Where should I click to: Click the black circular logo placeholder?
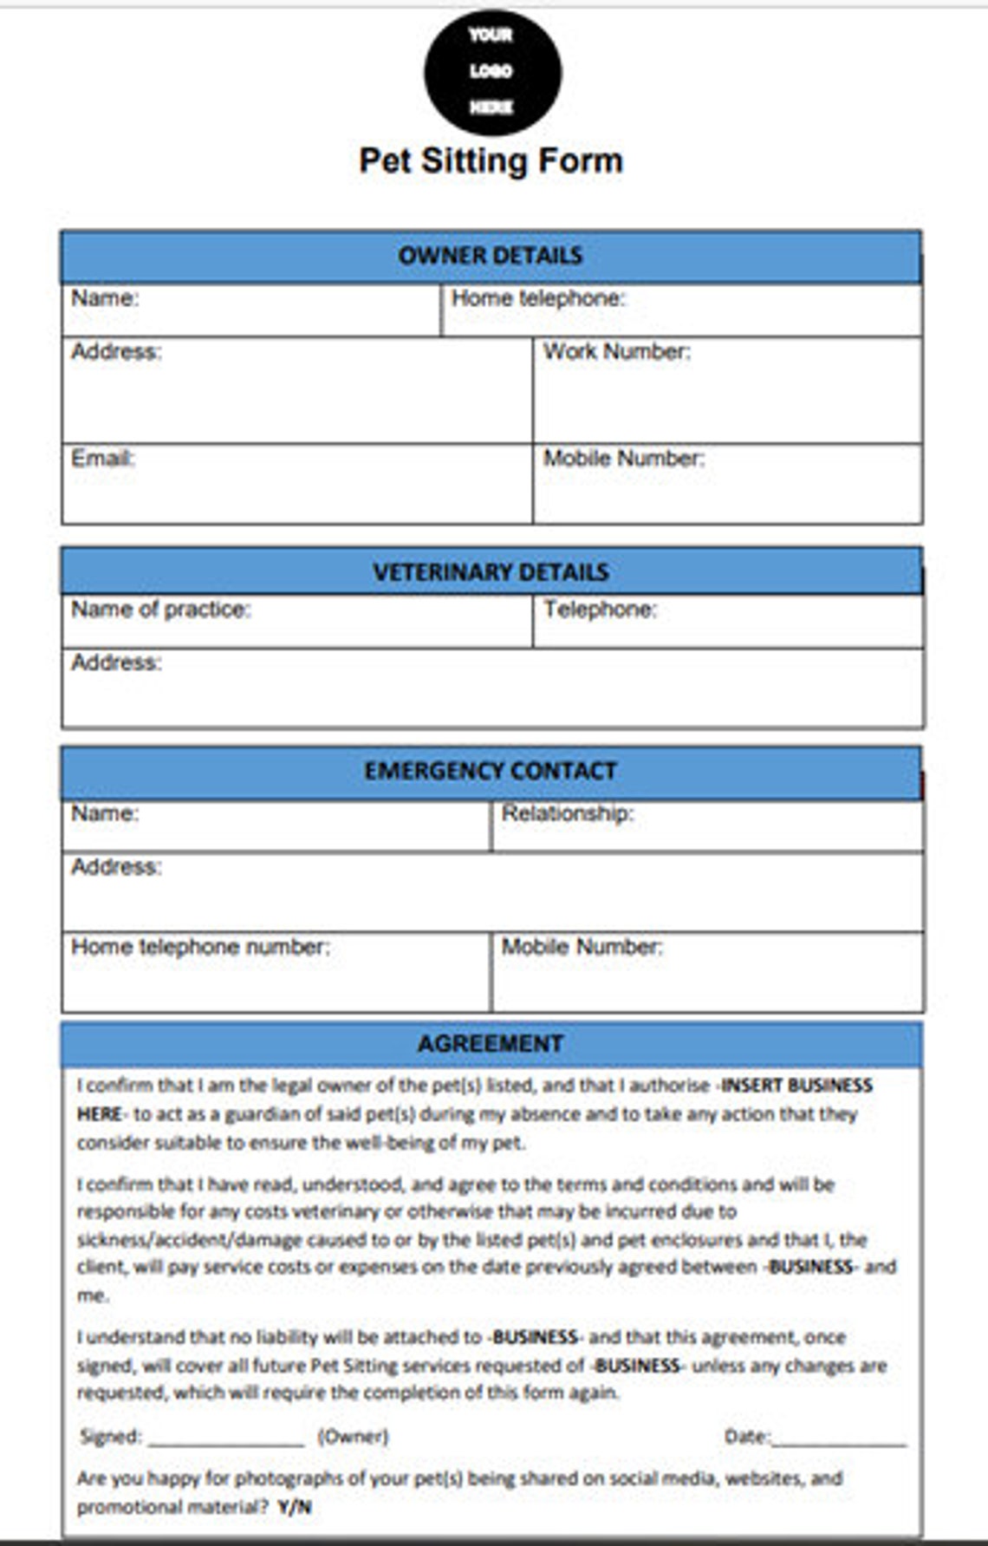tap(492, 72)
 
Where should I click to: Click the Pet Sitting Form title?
tap(491, 161)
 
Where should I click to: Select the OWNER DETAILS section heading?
tap(491, 256)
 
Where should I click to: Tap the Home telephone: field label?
tap(538, 298)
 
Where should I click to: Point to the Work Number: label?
tap(616, 351)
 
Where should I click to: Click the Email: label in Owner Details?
tap(103, 458)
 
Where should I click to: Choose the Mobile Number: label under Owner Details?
tap(623, 458)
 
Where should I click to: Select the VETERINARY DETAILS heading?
tap(491, 572)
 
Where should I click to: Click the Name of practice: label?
tap(160, 610)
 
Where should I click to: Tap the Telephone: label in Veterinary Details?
tap(600, 610)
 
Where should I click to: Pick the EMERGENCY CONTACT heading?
tap(491, 771)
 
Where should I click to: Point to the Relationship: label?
tap(568, 813)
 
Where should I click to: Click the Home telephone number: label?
tap(200, 946)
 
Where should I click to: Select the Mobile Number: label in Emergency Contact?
tap(582, 946)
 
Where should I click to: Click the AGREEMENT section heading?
tap(491, 1043)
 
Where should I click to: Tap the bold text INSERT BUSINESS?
tap(797, 1086)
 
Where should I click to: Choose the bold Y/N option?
tap(295, 1507)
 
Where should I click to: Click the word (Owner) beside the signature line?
tap(354, 1437)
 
